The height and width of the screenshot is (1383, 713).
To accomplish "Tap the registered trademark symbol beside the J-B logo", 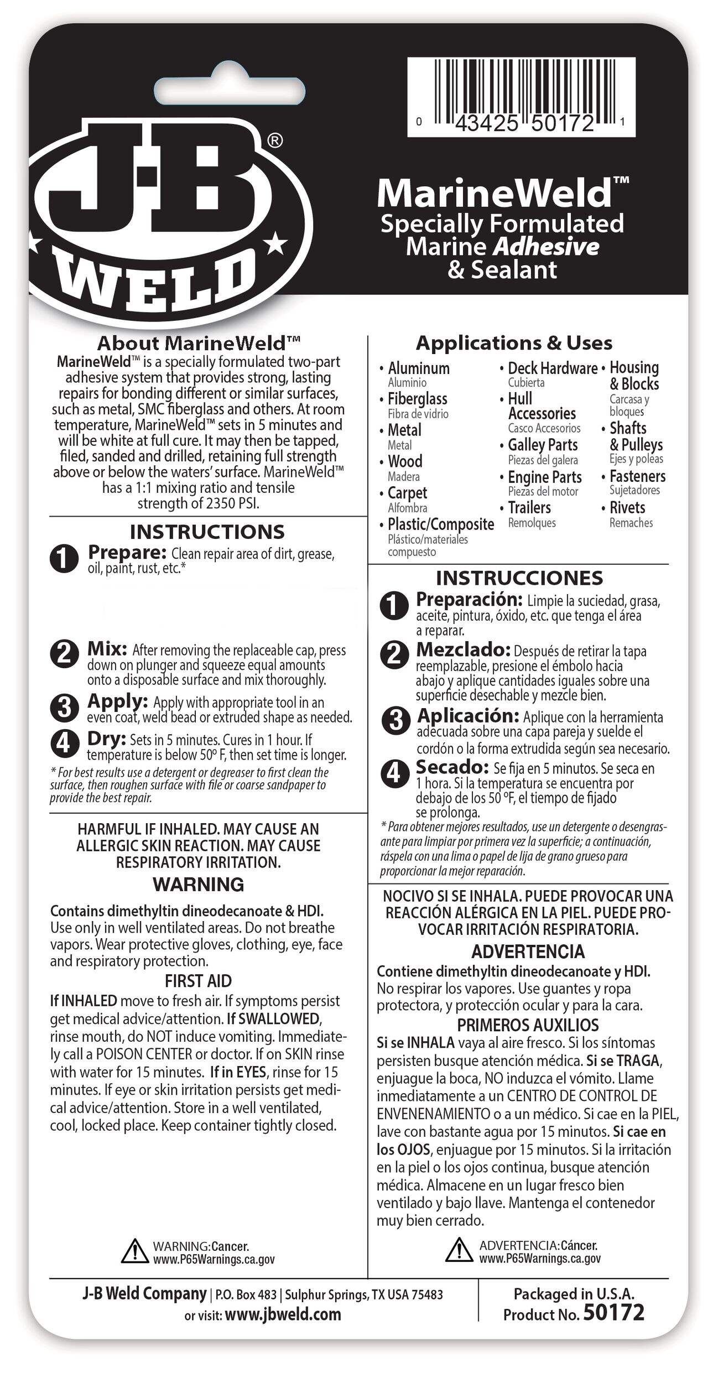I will tap(275, 141).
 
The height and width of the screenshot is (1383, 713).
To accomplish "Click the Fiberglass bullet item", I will tap(417, 399).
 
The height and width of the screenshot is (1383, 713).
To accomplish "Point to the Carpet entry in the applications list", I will tap(407, 493).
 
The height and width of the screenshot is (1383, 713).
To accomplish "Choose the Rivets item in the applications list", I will tap(627, 508).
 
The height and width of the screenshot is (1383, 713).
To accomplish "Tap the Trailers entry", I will tap(529, 508).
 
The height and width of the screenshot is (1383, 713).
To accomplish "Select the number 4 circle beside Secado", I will tap(394, 772).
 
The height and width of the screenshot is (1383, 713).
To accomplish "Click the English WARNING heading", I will tap(199, 885).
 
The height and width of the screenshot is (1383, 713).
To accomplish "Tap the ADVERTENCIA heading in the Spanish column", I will tap(528, 952).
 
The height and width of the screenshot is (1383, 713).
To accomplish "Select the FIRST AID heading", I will tap(198, 981).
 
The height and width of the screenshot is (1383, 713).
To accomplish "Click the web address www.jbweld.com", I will tap(283, 1314).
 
